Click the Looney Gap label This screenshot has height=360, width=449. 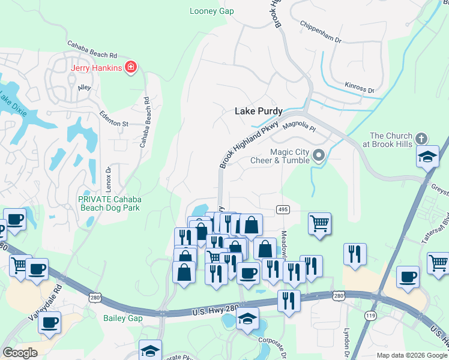(x=211, y=11)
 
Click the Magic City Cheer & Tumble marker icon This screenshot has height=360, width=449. (x=319, y=156)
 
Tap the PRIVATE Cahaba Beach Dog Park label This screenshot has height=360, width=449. (x=109, y=203)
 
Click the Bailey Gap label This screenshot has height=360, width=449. (x=122, y=318)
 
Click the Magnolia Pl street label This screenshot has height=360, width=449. (x=299, y=126)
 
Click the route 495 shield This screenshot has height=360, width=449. (x=283, y=209)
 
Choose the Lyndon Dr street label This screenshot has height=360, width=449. (x=346, y=339)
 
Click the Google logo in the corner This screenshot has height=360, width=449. (x=20, y=353)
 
